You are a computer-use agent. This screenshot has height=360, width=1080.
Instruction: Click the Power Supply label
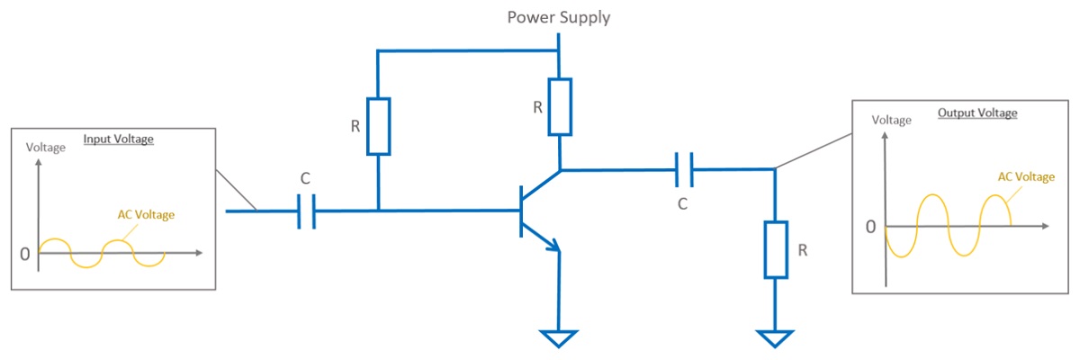click(559, 17)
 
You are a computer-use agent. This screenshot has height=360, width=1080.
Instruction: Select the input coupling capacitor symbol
click(306, 211)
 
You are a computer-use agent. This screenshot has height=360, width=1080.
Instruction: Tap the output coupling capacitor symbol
click(685, 167)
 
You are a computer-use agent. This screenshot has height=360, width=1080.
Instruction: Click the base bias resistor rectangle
click(379, 126)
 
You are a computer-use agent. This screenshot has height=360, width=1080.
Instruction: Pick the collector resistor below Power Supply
click(560, 106)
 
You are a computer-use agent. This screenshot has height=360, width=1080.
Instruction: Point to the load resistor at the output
click(775, 249)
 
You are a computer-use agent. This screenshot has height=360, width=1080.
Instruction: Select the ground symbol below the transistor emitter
click(559, 338)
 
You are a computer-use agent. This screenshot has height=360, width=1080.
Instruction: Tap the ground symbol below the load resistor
click(775, 338)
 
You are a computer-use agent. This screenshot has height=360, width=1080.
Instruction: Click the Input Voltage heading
click(119, 139)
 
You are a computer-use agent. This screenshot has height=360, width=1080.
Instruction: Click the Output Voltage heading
click(977, 113)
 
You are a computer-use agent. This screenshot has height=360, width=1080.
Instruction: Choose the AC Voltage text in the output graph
click(1025, 176)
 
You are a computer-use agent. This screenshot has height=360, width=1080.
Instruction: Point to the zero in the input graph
click(24, 254)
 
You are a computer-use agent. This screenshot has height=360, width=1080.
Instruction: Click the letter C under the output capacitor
click(682, 204)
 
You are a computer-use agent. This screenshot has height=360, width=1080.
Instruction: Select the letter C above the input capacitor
click(305, 177)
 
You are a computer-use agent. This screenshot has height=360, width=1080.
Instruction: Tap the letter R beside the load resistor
click(802, 250)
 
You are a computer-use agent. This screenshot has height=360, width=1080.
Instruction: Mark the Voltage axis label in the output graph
click(891, 120)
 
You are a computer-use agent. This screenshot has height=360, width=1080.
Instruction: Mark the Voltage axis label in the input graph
click(46, 148)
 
